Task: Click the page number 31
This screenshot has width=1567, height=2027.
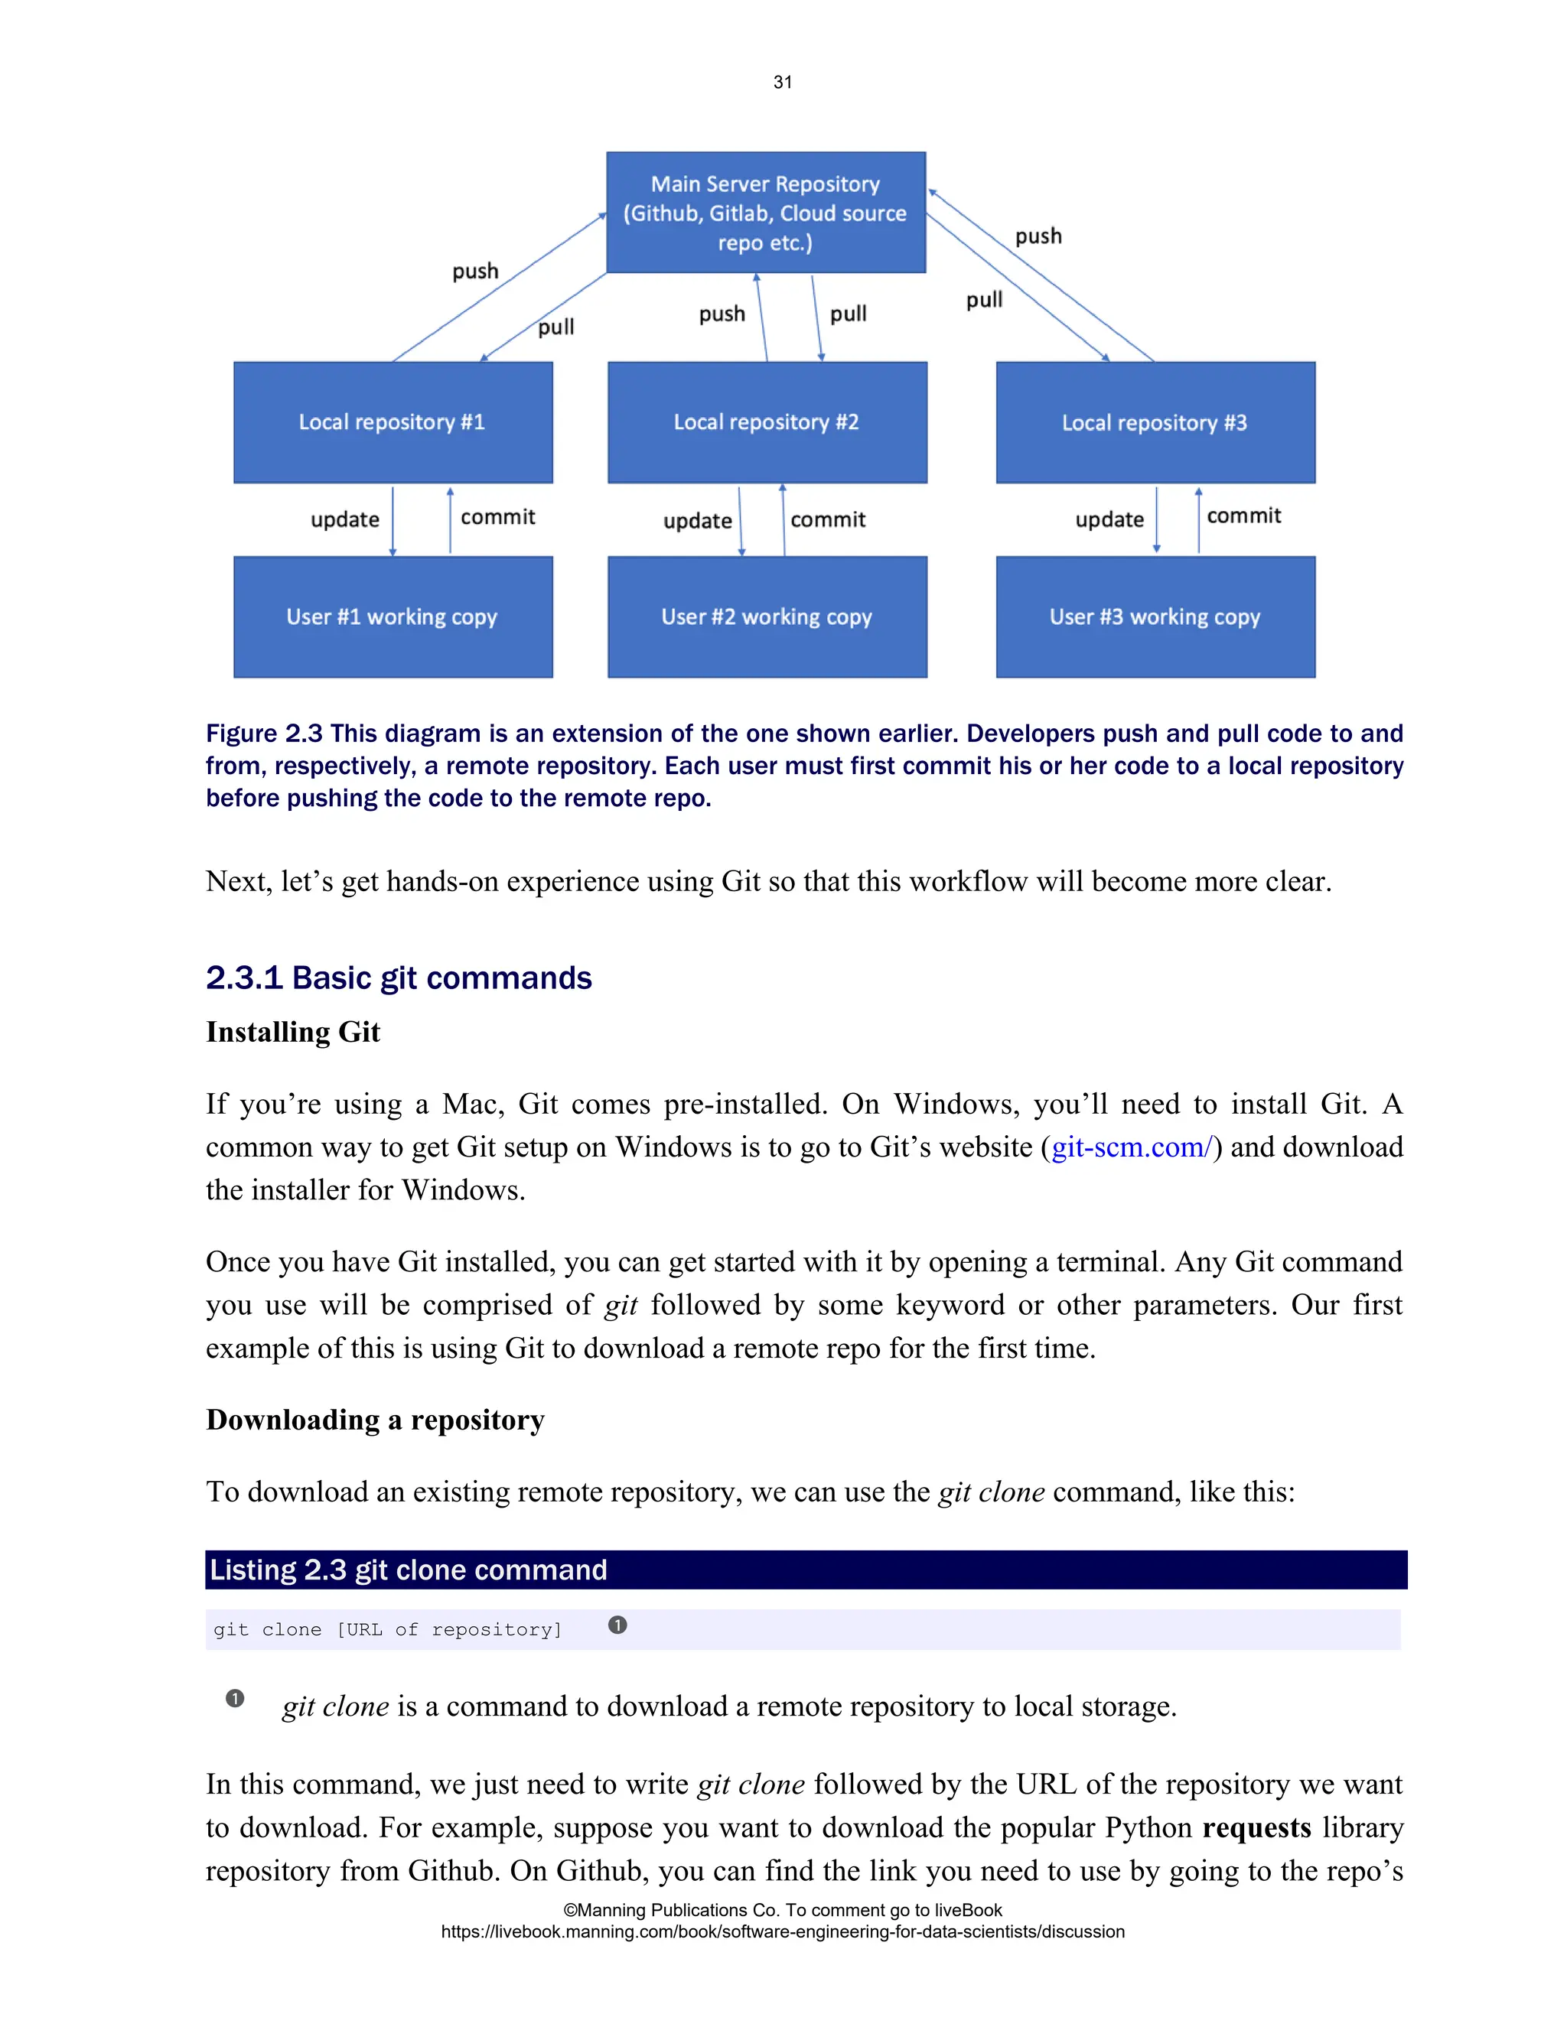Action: tap(783, 83)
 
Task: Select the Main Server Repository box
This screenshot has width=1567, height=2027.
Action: tap(766, 213)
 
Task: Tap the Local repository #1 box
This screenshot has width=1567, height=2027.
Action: tap(393, 422)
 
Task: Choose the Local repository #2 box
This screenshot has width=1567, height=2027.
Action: tap(767, 422)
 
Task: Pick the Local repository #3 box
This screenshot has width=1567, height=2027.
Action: tap(1155, 423)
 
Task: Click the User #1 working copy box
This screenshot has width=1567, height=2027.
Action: tap(393, 617)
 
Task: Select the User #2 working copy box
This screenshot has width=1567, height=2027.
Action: tap(767, 617)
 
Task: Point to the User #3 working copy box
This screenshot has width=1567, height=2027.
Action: tap(1155, 617)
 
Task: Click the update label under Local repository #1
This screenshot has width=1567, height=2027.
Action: tap(345, 519)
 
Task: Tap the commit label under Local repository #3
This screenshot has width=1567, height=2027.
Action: tap(1243, 516)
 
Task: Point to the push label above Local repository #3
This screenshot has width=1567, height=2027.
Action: tap(1038, 236)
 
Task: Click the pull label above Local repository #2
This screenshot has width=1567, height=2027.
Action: tap(848, 314)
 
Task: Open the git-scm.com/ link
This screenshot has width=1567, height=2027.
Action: tap(1131, 1147)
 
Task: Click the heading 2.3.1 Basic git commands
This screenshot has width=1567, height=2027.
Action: tap(398, 978)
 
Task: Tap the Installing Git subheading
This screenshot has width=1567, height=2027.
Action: tap(293, 1032)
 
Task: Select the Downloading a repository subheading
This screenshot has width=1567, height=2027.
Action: tap(375, 1420)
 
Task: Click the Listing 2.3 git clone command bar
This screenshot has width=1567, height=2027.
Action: tap(806, 1570)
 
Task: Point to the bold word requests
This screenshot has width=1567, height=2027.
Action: tap(1256, 1827)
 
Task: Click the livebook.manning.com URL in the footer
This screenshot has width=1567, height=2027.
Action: tap(783, 1931)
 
